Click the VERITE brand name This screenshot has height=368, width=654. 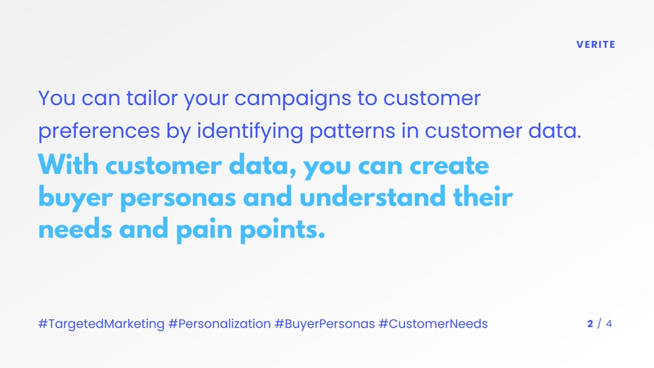pyautogui.click(x=596, y=45)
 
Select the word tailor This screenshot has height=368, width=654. pyautogui.click(x=152, y=99)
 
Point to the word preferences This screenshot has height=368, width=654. pyautogui.click(x=99, y=132)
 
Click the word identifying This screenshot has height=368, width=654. pyautogui.click(x=250, y=132)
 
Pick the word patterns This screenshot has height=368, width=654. pyautogui.click(x=352, y=132)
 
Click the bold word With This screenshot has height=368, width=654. pyautogui.click(x=68, y=165)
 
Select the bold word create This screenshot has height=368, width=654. pyautogui.click(x=449, y=166)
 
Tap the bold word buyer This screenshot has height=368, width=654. pyautogui.click(x=75, y=198)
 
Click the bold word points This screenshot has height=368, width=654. pyautogui.click(x=282, y=230)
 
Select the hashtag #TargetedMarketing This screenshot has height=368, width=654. pyautogui.click(x=101, y=324)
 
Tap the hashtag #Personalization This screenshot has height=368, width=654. pyautogui.click(x=219, y=324)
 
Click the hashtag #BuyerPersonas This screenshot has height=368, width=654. pyautogui.click(x=325, y=324)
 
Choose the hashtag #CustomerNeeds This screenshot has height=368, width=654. pyautogui.click(x=433, y=324)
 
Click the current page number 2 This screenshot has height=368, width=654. pyautogui.click(x=590, y=324)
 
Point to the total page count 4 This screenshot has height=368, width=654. pyautogui.click(x=609, y=324)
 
